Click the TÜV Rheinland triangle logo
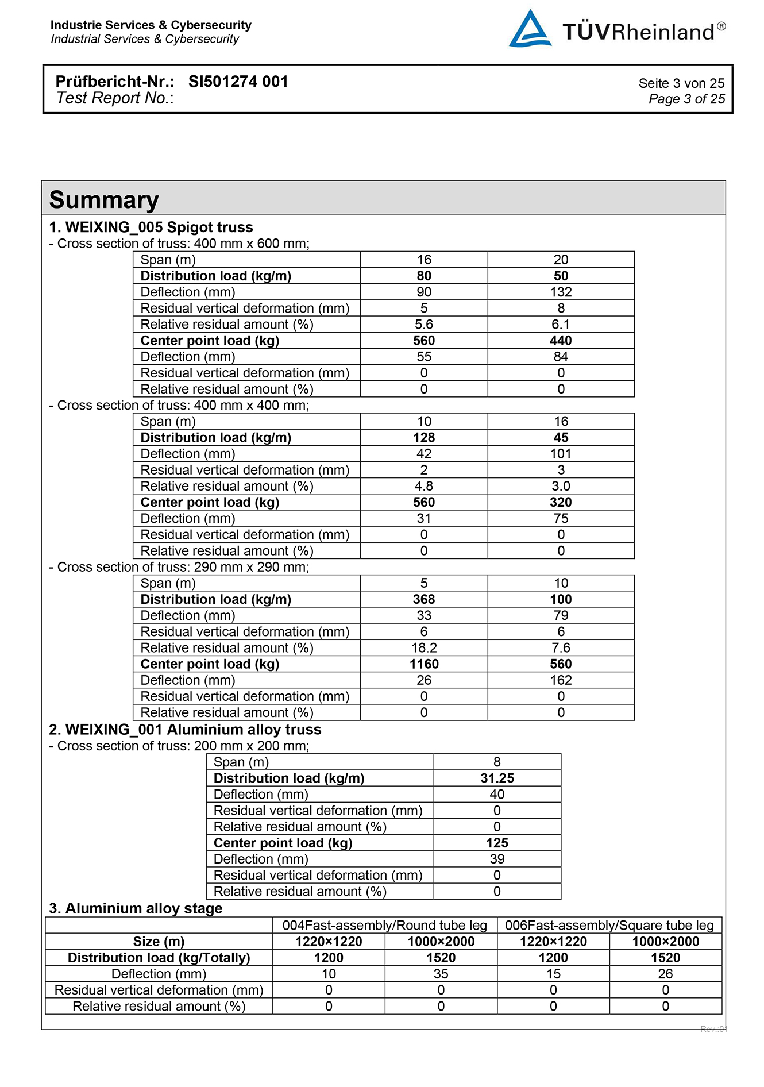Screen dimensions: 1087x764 (530, 29)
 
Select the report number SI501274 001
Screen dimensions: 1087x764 (238, 82)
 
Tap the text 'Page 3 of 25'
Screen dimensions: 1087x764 (686, 99)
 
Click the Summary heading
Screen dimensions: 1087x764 (104, 200)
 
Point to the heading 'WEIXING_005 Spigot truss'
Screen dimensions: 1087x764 (159, 227)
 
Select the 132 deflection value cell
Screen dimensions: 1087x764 (561, 292)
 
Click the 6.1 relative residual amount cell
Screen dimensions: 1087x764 (561, 324)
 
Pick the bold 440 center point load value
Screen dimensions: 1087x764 (561, 340)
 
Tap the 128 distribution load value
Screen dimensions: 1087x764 (424, 437)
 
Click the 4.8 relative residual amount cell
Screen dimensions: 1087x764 (424, 486)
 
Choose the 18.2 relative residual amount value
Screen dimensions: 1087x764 (424, 647)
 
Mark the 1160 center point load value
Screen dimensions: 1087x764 (424, 664)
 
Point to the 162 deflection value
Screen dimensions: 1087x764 (561, 680)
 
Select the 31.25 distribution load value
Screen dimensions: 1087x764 (497, 778)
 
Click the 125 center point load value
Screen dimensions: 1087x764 (497, 843)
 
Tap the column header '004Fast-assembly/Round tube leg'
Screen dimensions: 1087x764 (384, 925)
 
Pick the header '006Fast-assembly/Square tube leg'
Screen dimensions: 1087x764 (609, 925)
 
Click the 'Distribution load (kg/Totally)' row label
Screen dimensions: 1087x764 (159, 958)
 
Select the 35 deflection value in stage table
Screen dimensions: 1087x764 (441, 974)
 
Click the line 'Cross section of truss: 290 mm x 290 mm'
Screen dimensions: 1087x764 (183, 567)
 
